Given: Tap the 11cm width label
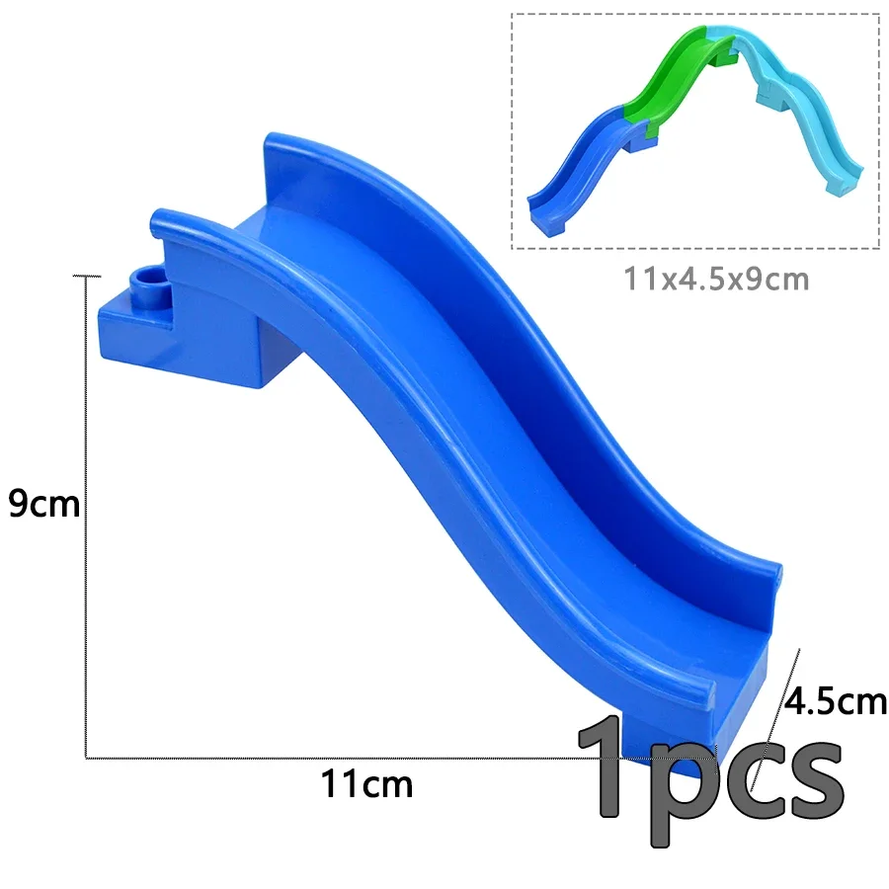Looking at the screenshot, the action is [366, 783].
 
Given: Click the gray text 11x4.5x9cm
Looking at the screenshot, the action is [716, 279].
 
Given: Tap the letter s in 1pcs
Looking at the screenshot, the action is [814, 777].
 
